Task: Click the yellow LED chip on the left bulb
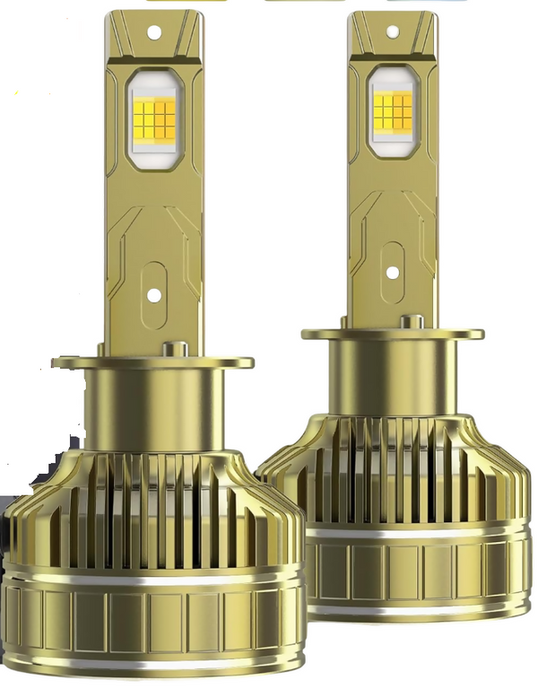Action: pyautogui.click(x=153, y=118)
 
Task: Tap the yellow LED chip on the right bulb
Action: pyautogui.click(x=393, y=111)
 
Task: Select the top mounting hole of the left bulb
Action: pyautogui.click(x=153, y=32)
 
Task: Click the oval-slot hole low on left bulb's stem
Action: pyautogui.click(x=153, y=294)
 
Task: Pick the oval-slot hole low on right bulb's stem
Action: pyautogui.click(x=393, y=272)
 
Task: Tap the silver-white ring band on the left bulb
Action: pyautogui.click(x=152, y=574)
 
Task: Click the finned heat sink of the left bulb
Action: pyautogui.click(x=152, y=502)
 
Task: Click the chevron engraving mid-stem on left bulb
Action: pyautogui.click(x=153, y=224)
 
